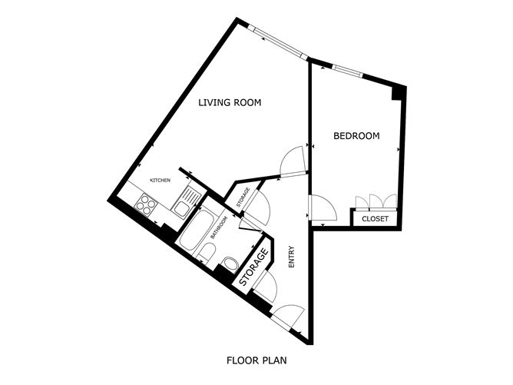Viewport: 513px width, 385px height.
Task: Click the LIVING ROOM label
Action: click(230, 102)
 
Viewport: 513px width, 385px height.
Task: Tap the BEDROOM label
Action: click(356, 135)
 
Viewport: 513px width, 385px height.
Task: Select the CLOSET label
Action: click(375, 219)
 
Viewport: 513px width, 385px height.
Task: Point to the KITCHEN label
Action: click(160, 181)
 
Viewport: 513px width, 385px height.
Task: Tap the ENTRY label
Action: click(292, 257)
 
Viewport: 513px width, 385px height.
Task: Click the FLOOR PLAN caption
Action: click(256, 360)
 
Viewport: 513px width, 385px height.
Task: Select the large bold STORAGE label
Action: click(254, 267)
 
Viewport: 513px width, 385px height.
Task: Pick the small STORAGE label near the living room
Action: click(243, 197)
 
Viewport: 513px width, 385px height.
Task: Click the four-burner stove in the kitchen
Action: click(146, 204)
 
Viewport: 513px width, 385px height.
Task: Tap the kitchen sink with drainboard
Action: click(186, 201)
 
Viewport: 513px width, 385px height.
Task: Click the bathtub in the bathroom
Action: click(197, 230)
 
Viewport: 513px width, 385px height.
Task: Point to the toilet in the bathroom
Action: click(206, 254)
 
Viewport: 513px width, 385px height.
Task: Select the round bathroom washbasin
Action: click(230, 264)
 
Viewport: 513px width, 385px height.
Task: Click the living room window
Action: click(278, 42)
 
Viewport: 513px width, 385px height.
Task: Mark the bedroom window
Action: click(347, 71)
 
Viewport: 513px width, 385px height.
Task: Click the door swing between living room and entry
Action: click(293, 161)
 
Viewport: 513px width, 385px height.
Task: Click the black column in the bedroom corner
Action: click(399, 93)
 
